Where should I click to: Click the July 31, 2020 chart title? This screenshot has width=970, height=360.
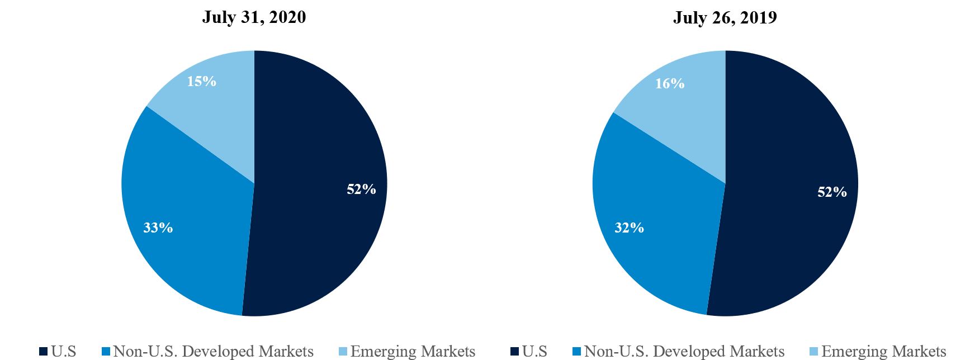click(x=254, y=17)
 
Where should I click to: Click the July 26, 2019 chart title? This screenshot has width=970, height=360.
click(x=725, y=17)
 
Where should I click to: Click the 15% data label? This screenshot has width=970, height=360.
click(x=201, y=82)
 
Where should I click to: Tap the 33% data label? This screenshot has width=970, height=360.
click(x=158, y=228)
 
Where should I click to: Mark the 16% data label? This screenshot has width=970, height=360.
click(x=670, y=84)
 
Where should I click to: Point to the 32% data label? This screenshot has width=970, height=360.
click(x=629, y=228)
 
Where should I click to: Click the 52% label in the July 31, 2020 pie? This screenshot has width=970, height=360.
click(x=361, y=190)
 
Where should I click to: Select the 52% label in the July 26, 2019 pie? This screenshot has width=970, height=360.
click(x=832, y=192)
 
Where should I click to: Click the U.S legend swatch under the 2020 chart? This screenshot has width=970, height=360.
click(x=43, y=352)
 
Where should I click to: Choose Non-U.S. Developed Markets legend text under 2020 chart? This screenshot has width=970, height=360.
click(x=213, y=352)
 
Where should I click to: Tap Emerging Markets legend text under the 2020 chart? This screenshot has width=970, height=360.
click(x=413, y=352)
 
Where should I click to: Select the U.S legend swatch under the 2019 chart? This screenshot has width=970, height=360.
click(x=514, y=352)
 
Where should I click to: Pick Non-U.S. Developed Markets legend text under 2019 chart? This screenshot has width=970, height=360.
click(x=684, y=352)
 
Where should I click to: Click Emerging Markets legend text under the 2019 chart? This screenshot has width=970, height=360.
click(x=884, y=352)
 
